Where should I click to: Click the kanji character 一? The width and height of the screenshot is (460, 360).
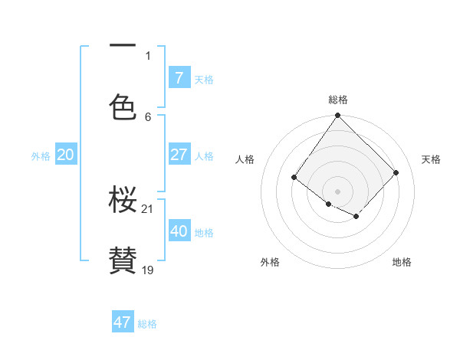click(123, 47)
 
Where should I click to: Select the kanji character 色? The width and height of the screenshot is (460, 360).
click(123, 107)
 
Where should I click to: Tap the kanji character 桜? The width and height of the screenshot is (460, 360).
click(123, 201)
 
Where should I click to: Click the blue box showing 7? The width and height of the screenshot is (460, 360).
click(179, 77)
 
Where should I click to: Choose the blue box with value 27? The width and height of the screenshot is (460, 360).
click(179, 155)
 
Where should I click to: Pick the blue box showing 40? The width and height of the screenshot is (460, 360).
click(179, 231)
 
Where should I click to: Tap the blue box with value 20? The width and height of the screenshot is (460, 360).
click(66, 155)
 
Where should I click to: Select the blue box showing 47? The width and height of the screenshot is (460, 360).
click(123, 322)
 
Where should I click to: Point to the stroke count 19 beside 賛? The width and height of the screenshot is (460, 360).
click(148, 270)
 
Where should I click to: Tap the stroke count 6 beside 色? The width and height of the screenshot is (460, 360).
click(148, 116)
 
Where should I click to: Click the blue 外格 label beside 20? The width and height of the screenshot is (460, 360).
click(41, 155)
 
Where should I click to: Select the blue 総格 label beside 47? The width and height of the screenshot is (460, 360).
click(147, 324)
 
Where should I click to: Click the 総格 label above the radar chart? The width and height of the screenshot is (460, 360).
click(338, 100)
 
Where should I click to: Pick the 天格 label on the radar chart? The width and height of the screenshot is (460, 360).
click(431, 159)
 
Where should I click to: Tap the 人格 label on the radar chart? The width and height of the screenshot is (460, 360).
click(245, 159)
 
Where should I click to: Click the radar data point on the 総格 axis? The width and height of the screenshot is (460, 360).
click(337, 115)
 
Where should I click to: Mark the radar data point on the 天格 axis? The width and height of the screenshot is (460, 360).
click(396, 172)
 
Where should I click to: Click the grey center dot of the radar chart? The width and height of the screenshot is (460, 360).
click(337, 191)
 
